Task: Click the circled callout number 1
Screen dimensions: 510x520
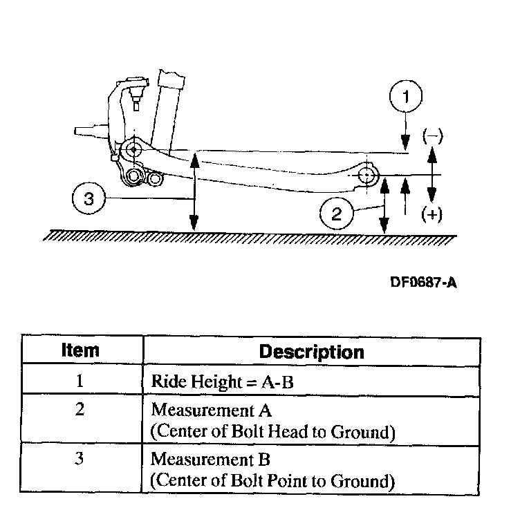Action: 406,99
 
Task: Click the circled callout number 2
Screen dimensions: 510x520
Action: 337,214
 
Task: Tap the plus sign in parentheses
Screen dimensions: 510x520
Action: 432,215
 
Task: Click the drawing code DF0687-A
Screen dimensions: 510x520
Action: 423,282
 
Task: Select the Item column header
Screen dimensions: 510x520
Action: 80,351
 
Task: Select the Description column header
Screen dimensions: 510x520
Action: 311,351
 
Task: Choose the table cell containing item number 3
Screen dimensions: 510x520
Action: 80,457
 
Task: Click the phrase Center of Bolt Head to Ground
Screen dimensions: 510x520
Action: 272,433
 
